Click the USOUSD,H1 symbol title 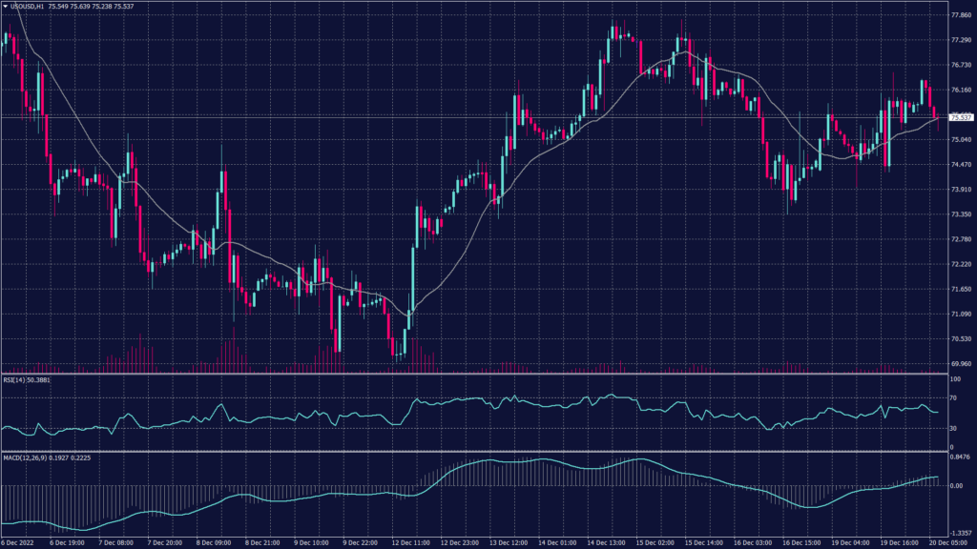click(x=25, y=6)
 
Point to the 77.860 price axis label click(x=960, y=15)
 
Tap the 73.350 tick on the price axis click(x=960, y=214)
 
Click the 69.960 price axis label click(x=960, y=363)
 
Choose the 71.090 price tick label click(x=960, y=314)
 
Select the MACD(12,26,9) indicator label click(x=23, y=457)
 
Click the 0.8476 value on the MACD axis click(x=959, y=457)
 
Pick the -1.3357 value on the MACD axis click(x=959, y=534)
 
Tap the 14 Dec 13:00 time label click(x=605, y=543)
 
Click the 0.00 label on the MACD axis click(x=957, y=485)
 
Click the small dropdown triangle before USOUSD click(x=5, y=6)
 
